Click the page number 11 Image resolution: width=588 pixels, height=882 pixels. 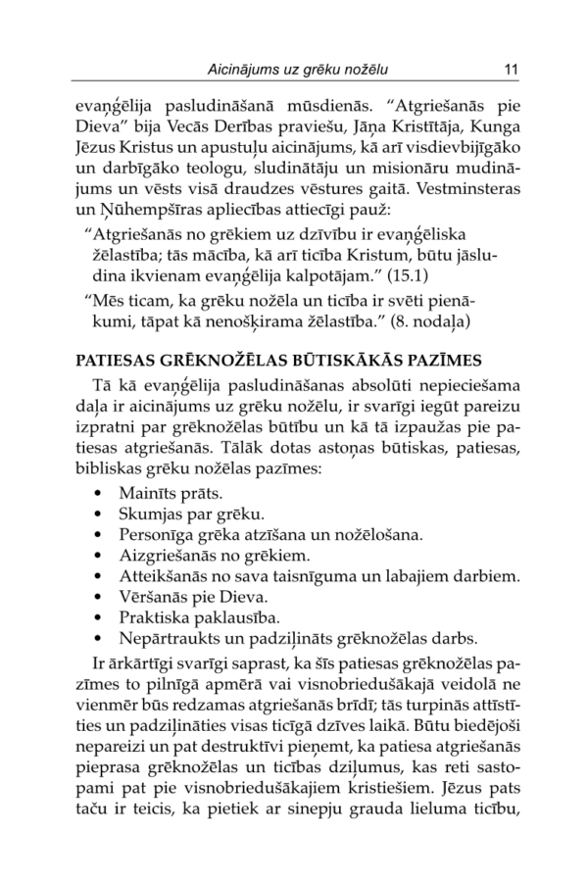click(x=510, y=70)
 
